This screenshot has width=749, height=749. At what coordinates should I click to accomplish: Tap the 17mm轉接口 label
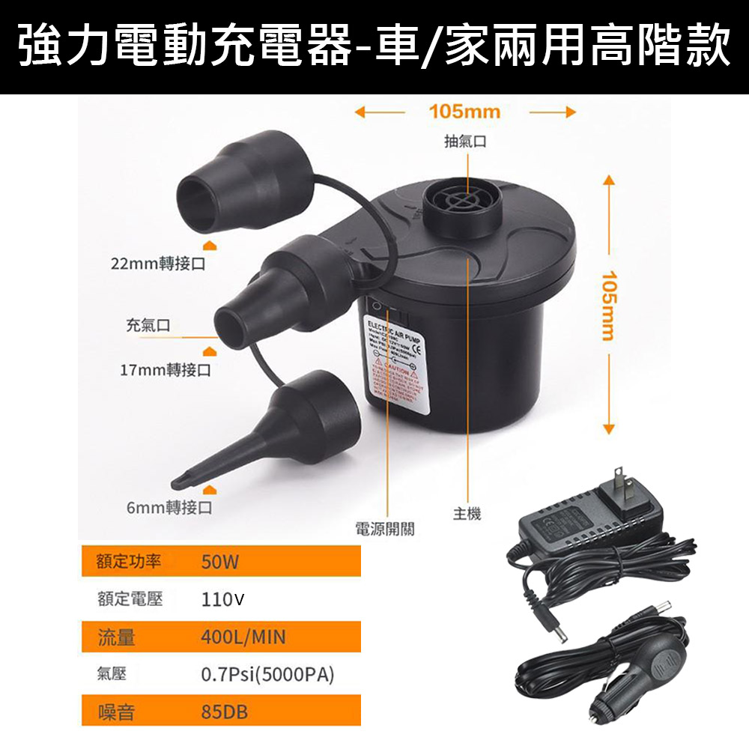pos(166,370)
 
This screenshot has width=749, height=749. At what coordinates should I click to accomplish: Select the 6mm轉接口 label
pos(169,507)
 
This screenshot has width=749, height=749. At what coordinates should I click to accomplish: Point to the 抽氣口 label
pos(465,141)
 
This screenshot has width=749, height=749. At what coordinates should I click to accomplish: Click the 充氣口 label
pos(148,325)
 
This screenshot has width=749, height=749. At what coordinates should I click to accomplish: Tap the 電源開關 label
pos(384,530)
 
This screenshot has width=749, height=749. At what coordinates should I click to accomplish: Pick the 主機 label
pos(467,513)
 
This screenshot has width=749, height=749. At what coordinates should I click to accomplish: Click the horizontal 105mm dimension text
pos(464,112)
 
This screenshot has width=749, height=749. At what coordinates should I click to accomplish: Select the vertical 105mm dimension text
pos(608,305)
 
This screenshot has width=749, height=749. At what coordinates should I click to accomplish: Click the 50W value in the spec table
pos(219,562)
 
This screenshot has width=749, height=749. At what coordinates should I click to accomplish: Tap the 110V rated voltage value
pos(222,599)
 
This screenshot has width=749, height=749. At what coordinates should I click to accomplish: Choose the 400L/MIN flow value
pos(243,637)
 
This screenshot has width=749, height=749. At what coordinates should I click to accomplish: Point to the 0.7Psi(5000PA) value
pos(267,674)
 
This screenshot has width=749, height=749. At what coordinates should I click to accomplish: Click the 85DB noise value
pos(224,711)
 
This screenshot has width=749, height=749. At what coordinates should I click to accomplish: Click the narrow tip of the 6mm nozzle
pos(184,479)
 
